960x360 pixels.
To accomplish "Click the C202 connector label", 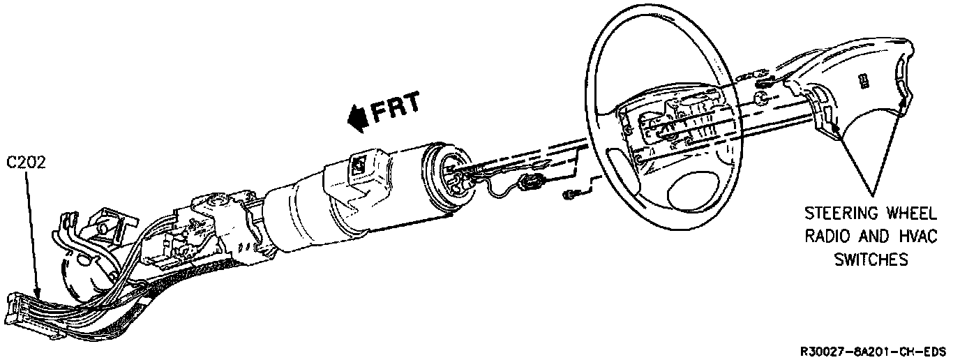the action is tap(27, 163).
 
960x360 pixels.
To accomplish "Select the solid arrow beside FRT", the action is tap(357, 117).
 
